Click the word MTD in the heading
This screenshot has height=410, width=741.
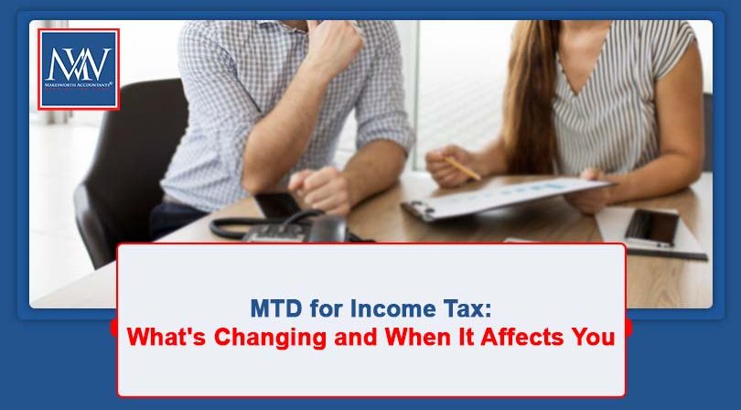(273, 308)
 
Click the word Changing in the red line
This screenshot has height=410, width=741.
(266, 337)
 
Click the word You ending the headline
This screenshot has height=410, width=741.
(593, 336)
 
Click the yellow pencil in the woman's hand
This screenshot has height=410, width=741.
(463, 168)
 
